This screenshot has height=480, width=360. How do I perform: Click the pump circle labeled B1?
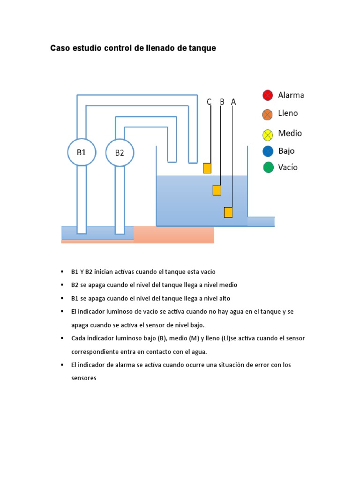[82, 152]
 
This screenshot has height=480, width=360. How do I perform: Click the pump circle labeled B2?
[120, 153]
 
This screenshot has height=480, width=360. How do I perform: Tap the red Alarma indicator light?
[268, 96]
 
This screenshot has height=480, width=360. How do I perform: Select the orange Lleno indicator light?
[268, 114]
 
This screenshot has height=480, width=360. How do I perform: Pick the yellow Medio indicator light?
[268, 135]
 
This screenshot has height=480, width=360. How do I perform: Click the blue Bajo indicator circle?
[268, 151]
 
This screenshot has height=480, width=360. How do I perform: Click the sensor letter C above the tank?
[209, 102]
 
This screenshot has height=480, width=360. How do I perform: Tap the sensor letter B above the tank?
[222, 102]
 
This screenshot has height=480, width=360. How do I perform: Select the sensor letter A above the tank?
[233, 102]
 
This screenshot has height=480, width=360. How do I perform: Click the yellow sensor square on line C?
[207, 168]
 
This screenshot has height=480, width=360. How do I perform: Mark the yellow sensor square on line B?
[217, 190]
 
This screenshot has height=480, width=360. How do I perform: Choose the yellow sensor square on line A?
[228, 212]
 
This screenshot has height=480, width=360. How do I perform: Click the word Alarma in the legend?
[291, 95]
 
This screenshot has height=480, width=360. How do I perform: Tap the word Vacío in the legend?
[288, 167]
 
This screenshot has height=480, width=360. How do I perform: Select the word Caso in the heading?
[60, 48]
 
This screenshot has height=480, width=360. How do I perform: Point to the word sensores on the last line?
[83, 378]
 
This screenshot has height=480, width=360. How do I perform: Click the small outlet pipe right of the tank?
[261, 221]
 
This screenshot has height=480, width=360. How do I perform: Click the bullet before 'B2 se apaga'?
[61, 285]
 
